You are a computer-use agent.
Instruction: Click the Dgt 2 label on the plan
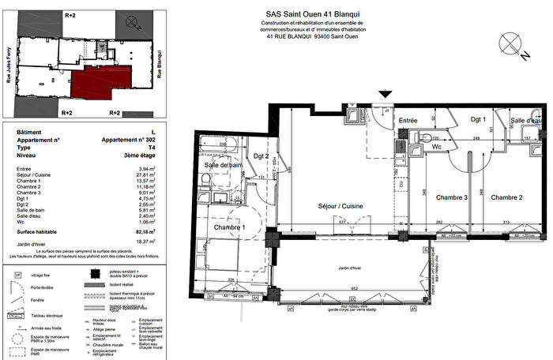(x=261, y=155)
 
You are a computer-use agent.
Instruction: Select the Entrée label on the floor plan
(x=408, y=120)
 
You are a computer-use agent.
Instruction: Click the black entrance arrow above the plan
(x=385, y=95)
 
